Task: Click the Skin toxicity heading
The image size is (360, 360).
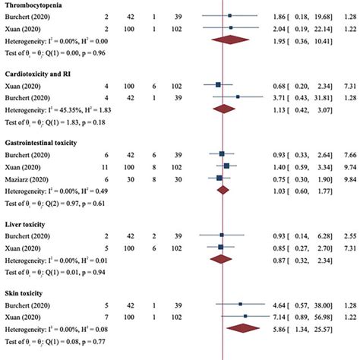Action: (x=30, y=292)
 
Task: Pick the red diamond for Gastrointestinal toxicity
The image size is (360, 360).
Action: (x=223, y=190)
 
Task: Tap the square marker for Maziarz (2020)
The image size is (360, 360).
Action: (x=219, y=177)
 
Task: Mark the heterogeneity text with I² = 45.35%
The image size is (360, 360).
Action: (x=57, y=109)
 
